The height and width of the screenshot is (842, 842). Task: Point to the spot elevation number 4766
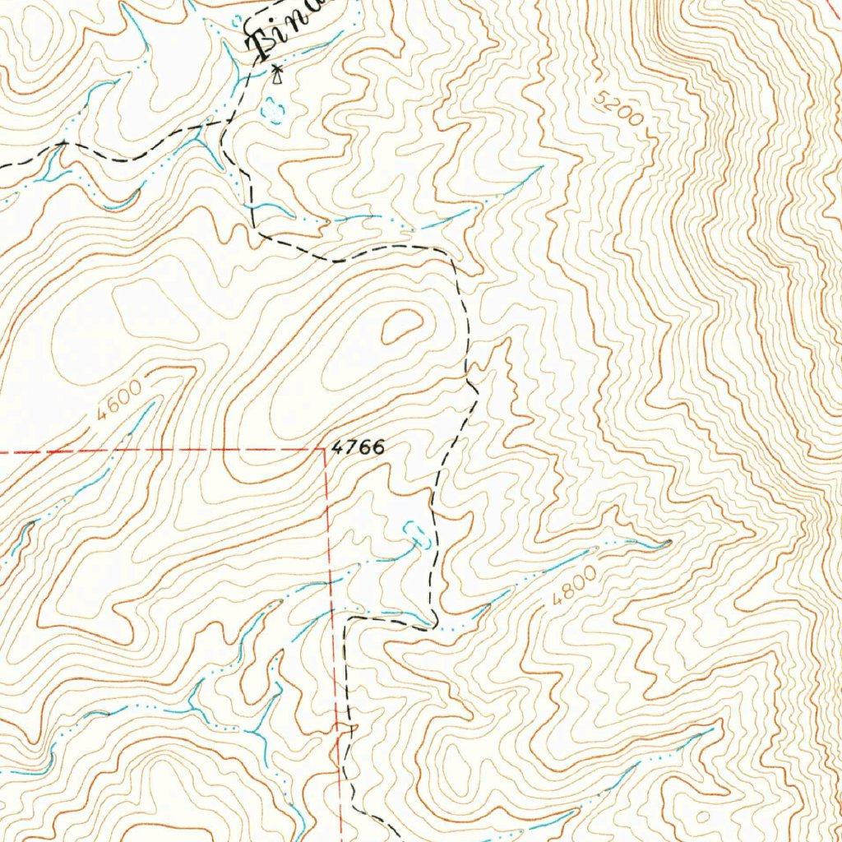click(358, 448)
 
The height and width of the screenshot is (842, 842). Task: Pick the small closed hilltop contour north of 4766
click(400, 328)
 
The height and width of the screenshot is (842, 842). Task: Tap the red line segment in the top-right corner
click(832, 7)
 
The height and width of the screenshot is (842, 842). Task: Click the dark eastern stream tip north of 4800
click(667, 541)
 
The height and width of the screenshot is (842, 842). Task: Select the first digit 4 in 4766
click(336, 448)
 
